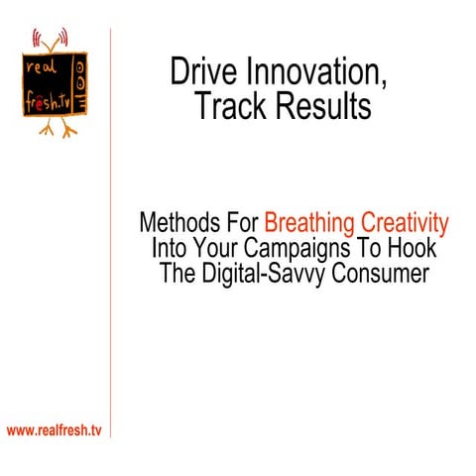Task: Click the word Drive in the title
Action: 200,72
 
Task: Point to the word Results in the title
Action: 323,107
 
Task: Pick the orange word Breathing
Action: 316,221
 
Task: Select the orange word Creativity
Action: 409,221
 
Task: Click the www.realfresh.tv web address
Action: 55,430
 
